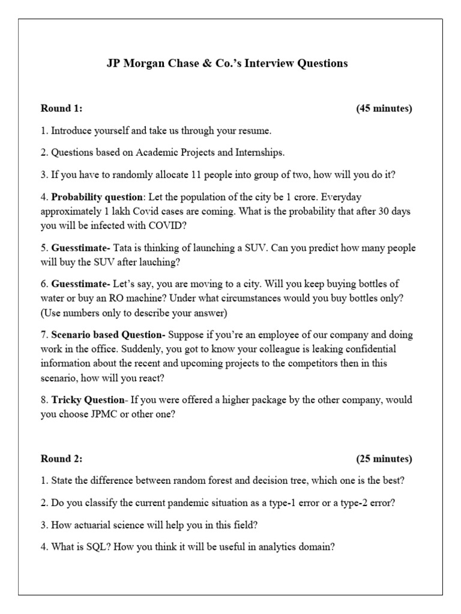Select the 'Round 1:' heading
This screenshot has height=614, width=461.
tap(61, 109)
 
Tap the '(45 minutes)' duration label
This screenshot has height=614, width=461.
tap(384, 109)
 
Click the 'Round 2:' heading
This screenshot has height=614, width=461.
tap(61, 459)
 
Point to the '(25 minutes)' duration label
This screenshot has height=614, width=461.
tap(384, 459)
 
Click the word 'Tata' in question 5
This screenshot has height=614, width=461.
tap(125, 248)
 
